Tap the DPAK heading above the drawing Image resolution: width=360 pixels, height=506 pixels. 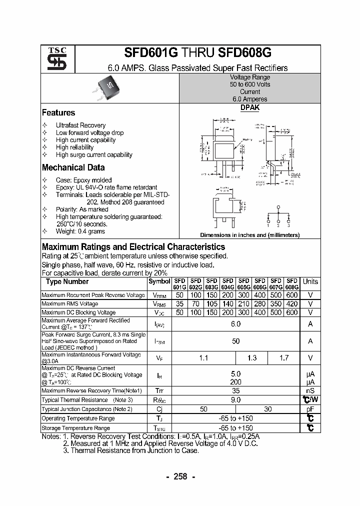click(250, 107)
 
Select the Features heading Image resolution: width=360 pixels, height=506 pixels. click(58, 113)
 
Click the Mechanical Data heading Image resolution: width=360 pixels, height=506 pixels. click(73, 168)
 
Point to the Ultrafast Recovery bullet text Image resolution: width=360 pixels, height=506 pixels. click(80, 125)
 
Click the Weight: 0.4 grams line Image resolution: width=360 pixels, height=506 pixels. click(80, 231)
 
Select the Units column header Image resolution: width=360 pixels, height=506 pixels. click(310, 282)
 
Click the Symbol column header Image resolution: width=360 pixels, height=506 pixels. click(159, 281)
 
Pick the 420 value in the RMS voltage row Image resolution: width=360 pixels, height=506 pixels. click(291, 304)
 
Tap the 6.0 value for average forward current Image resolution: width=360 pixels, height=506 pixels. click(236, 324)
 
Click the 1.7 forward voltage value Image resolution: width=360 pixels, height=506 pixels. click(283, 358)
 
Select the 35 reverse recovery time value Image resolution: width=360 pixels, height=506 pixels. click(236, 390)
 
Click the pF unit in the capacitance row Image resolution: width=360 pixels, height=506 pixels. click(310, 409)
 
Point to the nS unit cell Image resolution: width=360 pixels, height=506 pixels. click(310, 390)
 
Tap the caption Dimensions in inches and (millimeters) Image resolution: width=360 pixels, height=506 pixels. click(250, 235)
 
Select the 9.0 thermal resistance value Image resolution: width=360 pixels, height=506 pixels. click(236, 400)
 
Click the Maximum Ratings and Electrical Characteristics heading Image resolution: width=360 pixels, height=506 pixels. click(133, 247)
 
